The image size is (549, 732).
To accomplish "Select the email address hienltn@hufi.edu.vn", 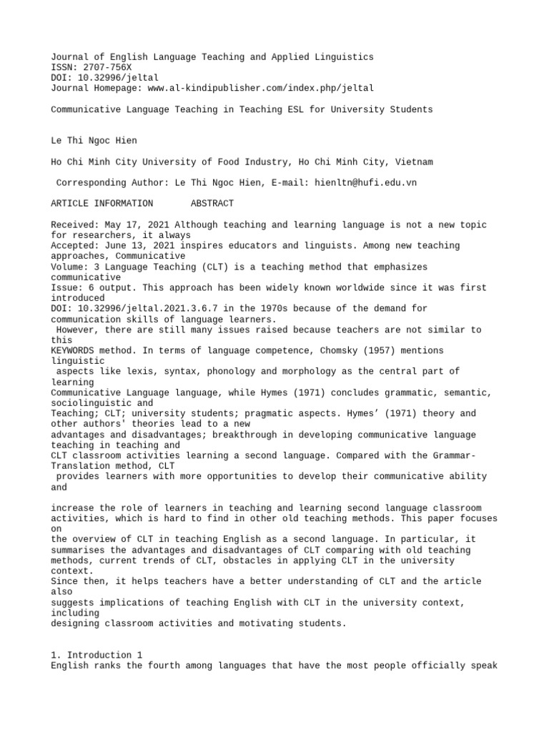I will pyautogui.click(x=365, y=183).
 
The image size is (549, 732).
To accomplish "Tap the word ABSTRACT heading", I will pyautogui.click(x=212, y=204).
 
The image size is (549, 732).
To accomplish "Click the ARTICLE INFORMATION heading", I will pyautogui.click(x=102, y=204).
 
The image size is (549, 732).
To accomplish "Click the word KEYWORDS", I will pyautogui.click(x=75, y=351).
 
